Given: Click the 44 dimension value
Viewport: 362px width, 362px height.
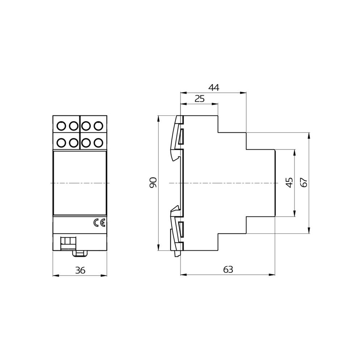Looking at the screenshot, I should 214,87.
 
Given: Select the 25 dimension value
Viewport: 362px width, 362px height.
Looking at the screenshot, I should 199,99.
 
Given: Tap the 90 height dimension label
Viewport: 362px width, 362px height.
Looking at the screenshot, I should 153,182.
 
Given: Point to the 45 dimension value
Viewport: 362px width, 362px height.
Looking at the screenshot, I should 289,182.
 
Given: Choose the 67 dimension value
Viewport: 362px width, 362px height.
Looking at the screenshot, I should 304,182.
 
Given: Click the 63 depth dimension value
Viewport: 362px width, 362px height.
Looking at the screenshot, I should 228,270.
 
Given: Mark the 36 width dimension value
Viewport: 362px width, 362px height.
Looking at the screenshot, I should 80,270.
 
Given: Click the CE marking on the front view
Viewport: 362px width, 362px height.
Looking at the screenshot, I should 99,223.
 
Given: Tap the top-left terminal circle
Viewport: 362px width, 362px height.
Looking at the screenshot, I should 61,126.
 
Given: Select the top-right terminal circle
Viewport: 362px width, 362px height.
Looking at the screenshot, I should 98,126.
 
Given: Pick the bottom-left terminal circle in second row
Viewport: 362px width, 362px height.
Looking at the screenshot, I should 61,142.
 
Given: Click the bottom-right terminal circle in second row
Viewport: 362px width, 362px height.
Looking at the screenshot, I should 98,142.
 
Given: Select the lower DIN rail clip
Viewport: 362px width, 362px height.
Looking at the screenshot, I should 177,230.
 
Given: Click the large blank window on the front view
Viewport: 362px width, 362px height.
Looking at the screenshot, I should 80,183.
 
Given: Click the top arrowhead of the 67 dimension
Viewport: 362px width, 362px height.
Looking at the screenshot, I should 309,135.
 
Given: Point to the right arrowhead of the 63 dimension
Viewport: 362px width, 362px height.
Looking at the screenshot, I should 274,275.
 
